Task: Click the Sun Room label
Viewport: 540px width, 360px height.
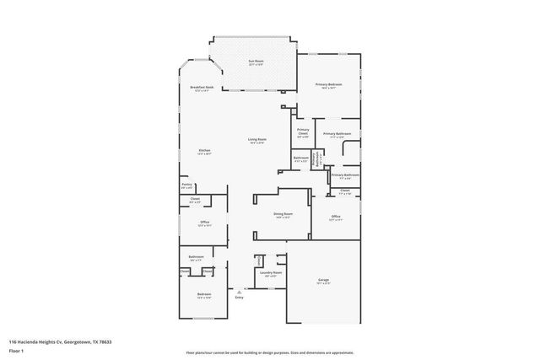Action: click(x=255, y=61)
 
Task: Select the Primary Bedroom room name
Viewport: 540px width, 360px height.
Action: click(x=327, y=84)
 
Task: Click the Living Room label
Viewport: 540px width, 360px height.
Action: click(x=256, y=139)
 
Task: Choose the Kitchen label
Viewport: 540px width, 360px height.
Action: click(x=202, y=151)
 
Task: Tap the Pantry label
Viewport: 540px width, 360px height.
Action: click(x=187, y=184)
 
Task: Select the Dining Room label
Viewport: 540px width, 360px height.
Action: click(x=283, y=214)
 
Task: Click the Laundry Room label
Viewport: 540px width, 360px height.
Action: click(x=271, y=272)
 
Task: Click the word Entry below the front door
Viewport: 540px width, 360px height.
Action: click(x=240, y=297)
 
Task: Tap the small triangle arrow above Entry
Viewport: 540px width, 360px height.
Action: click(x=240, y=291)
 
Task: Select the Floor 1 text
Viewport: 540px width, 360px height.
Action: click(x=16, y=349)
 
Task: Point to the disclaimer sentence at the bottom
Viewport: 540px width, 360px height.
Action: click(x=269, y=352)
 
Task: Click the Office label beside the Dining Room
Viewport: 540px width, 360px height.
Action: click(x=335, y=217)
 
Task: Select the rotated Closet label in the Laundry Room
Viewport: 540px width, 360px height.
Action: click(x=259, y=262)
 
